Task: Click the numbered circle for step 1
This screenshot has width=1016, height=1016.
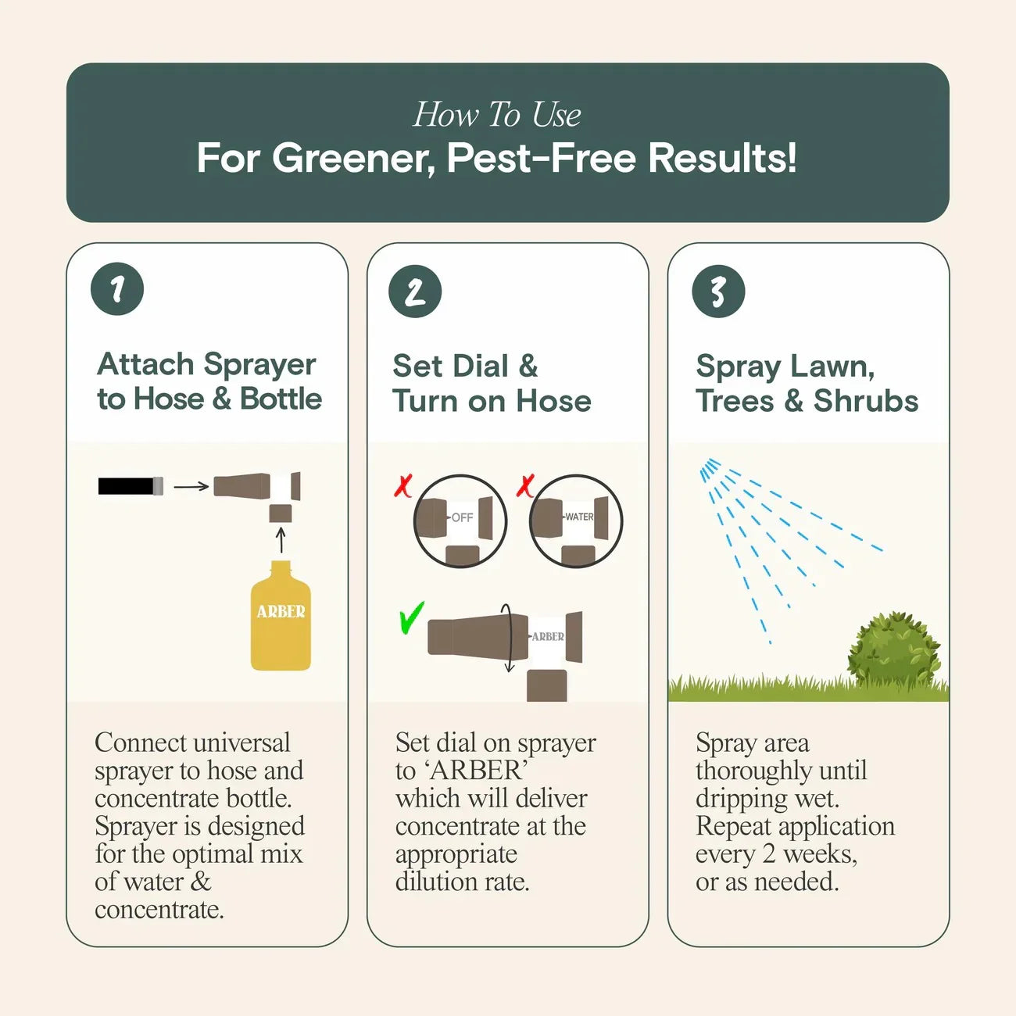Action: click(117, 289)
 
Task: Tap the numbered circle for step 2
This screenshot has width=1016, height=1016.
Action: click(415, 292)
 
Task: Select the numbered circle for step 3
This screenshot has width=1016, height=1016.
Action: click(717, 292)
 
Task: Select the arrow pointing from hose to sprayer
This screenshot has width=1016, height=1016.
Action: click(191, 486)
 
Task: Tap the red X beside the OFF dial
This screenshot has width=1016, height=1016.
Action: click(403, 485)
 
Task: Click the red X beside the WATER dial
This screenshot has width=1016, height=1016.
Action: click(525, 485)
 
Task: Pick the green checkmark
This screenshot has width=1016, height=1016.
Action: click(410, 617)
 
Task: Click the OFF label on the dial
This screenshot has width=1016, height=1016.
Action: click(462, 517)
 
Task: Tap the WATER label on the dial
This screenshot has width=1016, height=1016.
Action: click(578, 517)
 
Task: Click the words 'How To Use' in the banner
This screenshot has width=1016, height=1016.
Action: click(497, 115)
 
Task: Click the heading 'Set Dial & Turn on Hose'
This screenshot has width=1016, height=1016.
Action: click(492, 383)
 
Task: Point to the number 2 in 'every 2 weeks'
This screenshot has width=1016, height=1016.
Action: click(768, 853)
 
